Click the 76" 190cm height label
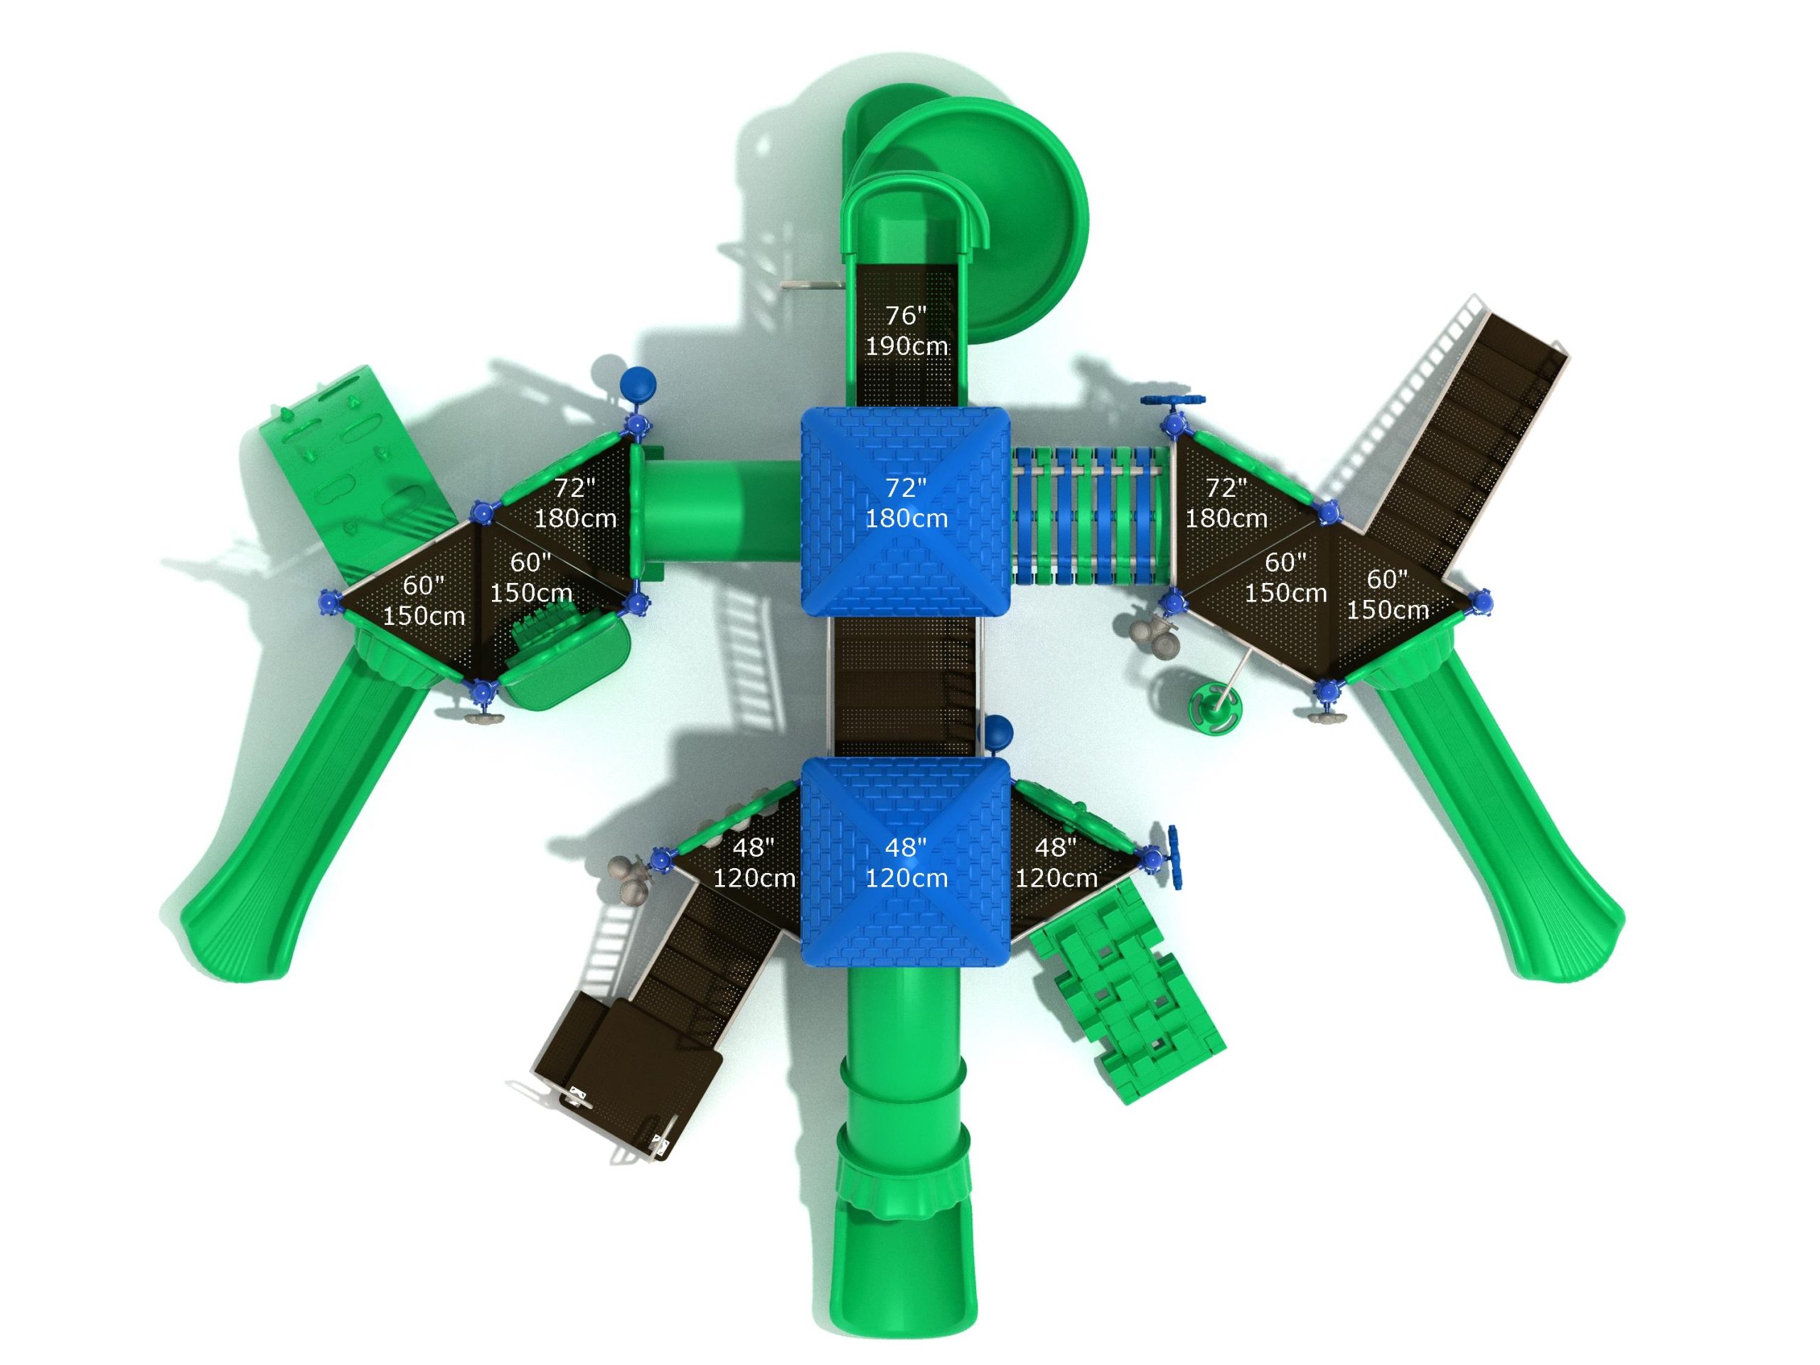point(906,330)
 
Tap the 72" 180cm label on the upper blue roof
point(906,503)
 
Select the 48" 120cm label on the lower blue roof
point(906,862)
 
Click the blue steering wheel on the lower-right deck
point(1175,858)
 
